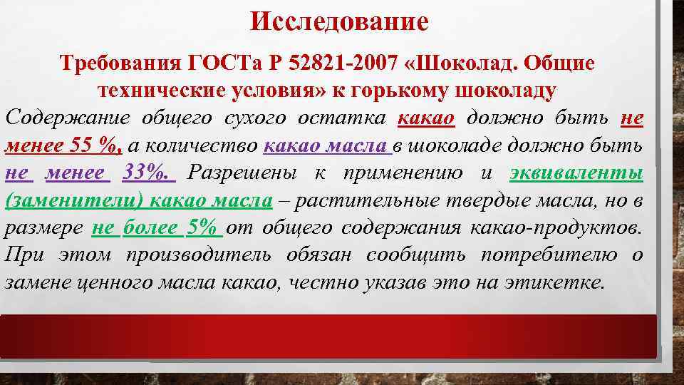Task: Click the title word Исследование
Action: click(x=339, y=22)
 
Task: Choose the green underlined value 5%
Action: click(x=204, y=227)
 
